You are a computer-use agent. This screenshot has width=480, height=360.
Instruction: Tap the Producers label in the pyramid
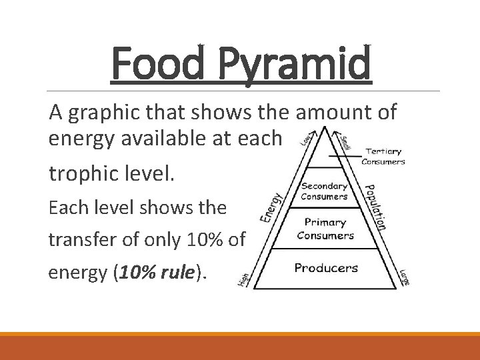pos(326,268)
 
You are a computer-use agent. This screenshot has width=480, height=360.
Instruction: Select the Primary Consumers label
pos(325,229)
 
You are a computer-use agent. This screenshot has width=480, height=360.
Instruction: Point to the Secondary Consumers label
pos(325,191)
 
